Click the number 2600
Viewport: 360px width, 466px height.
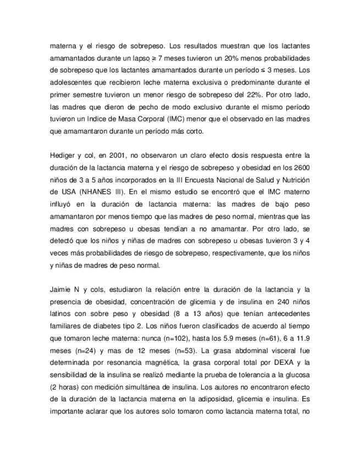point(302,167)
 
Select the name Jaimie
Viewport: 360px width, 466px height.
point(60,289)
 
